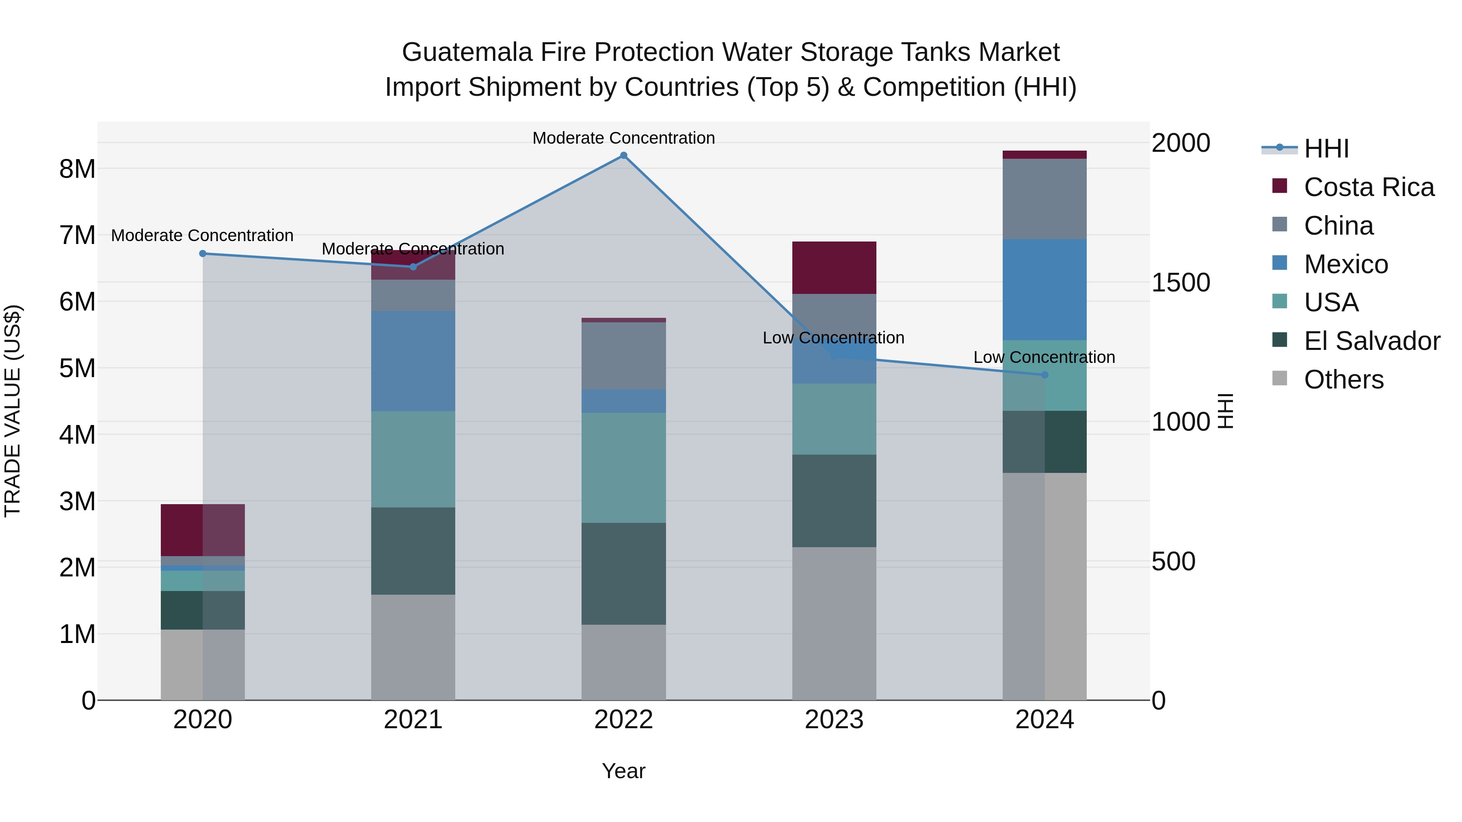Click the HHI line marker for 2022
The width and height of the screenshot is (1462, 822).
(x=623, y=155)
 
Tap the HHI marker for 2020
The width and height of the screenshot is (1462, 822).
(x=203, y=254)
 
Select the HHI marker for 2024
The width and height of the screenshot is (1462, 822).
(x=1044, y=375)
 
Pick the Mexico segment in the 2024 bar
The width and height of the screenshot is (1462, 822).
(x=1044, y=289)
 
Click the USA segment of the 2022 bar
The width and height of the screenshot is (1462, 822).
(x=623, y=468)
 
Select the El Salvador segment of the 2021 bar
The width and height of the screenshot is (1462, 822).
(x=413, y=550)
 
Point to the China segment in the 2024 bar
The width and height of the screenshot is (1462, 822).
(x=1044, y=198)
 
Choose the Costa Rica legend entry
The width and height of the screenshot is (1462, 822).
(x=1368, y=187)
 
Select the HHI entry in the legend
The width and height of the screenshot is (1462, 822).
(x=1326, y=149)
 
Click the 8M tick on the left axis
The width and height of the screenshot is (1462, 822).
(x=77, y=168)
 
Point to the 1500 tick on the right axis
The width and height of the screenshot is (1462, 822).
(x=1181, y=283)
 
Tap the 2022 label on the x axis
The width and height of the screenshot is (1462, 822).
(x=623, y=720)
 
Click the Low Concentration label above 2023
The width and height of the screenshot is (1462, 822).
(x=833, y=338)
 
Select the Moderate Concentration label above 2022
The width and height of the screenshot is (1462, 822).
(x=623, y=138)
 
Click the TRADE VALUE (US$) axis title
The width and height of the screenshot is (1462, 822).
(x=13, y=411)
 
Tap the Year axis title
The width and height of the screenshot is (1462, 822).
(x=623, y=771)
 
